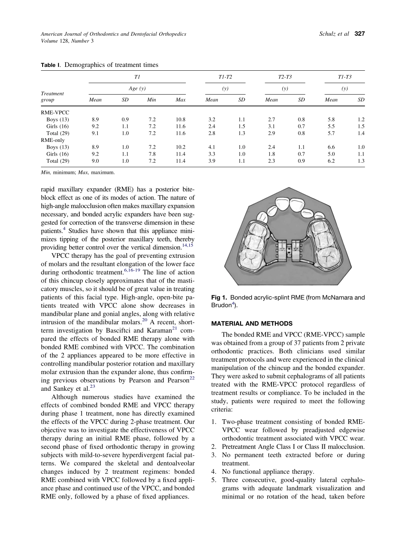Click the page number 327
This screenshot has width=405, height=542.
(360, 34)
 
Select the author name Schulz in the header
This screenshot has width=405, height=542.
(328, 34)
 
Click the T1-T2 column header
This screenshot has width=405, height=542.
(225, 77)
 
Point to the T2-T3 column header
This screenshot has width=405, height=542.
(285, 77)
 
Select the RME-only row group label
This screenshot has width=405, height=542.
(53, 140)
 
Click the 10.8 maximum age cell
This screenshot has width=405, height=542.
(180, 120)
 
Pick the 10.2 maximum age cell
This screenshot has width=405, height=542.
(180, 147)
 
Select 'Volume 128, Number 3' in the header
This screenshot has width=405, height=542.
(67, 41)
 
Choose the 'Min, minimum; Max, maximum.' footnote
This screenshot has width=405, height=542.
(78, 173)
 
